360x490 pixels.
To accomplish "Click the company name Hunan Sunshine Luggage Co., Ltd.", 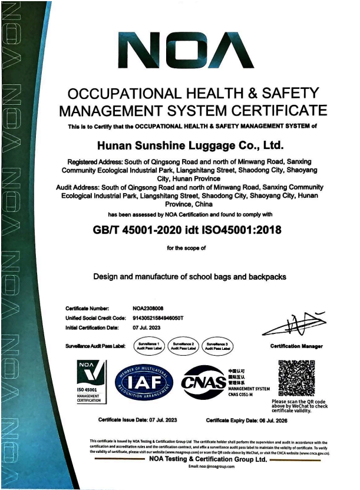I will click(190, 145).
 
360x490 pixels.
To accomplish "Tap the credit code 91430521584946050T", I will click(158, 318).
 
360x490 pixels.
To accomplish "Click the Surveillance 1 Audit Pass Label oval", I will click(150, 346).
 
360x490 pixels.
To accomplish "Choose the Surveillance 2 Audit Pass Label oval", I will click(183, 346).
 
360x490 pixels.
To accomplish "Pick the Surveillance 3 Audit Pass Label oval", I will click(217, 346).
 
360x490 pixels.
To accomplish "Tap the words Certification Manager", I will click(296, 346).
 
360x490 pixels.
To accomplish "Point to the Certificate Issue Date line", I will click(138, 420).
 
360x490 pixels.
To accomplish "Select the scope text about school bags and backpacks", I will click(190, 276).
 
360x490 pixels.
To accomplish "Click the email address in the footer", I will click(212, 466).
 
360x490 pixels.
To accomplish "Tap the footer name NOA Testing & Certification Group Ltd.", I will click(208, 459).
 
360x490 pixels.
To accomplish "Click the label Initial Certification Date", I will click(92, 327).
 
